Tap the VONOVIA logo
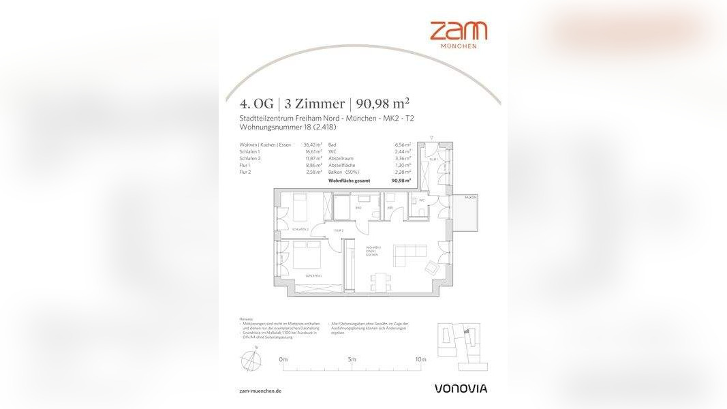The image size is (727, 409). [x=461, y=389]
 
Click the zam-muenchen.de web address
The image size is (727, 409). [x=260, y=391]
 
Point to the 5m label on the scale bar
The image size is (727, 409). [x=352, y=359]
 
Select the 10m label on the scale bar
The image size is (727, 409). [x=420, y=359]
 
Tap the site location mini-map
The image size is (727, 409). [x=459, y=345]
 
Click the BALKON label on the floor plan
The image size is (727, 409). [x=470, y=198]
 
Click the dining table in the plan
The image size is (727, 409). [x=380, y=281]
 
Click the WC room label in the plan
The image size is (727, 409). [x=422, y=201]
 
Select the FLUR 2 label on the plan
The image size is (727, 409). [x=338, y=231]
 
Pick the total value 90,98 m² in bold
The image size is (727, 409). [x=401, y=181]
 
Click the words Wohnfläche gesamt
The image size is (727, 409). [x=350, y=181]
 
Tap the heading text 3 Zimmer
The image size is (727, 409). [x=314, y=104]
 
